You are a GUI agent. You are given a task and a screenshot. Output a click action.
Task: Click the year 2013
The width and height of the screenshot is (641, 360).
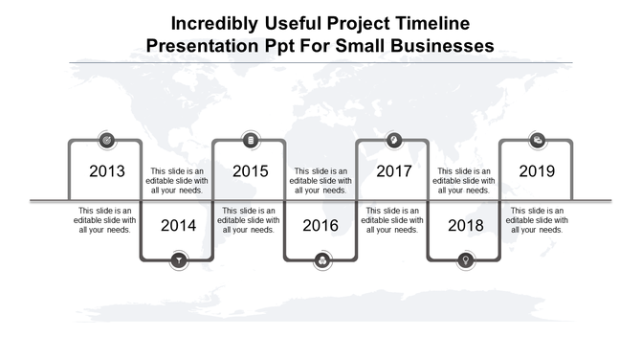pyautogui.click(x=106, y=171)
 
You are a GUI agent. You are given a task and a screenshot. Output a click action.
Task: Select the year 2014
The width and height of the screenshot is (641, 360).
pyautogui.click(x=178, y=226)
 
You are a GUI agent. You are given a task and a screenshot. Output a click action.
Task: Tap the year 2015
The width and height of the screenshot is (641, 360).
pyautogui.click(x=250, y=171)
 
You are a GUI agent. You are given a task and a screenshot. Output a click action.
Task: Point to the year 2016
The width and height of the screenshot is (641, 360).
pyautogui.click(x=321, y=226)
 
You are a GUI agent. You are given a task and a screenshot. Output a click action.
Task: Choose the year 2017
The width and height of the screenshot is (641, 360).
pyautogui.click(x=393, y=171)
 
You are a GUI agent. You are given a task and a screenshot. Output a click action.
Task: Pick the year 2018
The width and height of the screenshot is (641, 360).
pyautogui.click(x=466, y=226)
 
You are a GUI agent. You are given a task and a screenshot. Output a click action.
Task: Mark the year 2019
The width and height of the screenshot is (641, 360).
pyautogui.click(x=537, y=171)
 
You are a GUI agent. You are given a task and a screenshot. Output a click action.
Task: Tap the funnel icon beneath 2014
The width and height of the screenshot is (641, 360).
pyautogui.click(x=178, y=259)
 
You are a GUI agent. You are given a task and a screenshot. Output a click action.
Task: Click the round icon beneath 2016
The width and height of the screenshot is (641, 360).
pyautogui.click(x=321, y=259)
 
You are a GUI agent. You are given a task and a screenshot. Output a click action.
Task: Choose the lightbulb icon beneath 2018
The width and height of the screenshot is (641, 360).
pyautogui.click(x=466, y=259)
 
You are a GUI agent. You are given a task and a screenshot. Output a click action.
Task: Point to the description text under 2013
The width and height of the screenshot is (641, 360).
pyautogui.click(x=105, y=220)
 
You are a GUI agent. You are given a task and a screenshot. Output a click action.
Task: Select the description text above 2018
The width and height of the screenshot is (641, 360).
pyautogui.click(x=465, y=180)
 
